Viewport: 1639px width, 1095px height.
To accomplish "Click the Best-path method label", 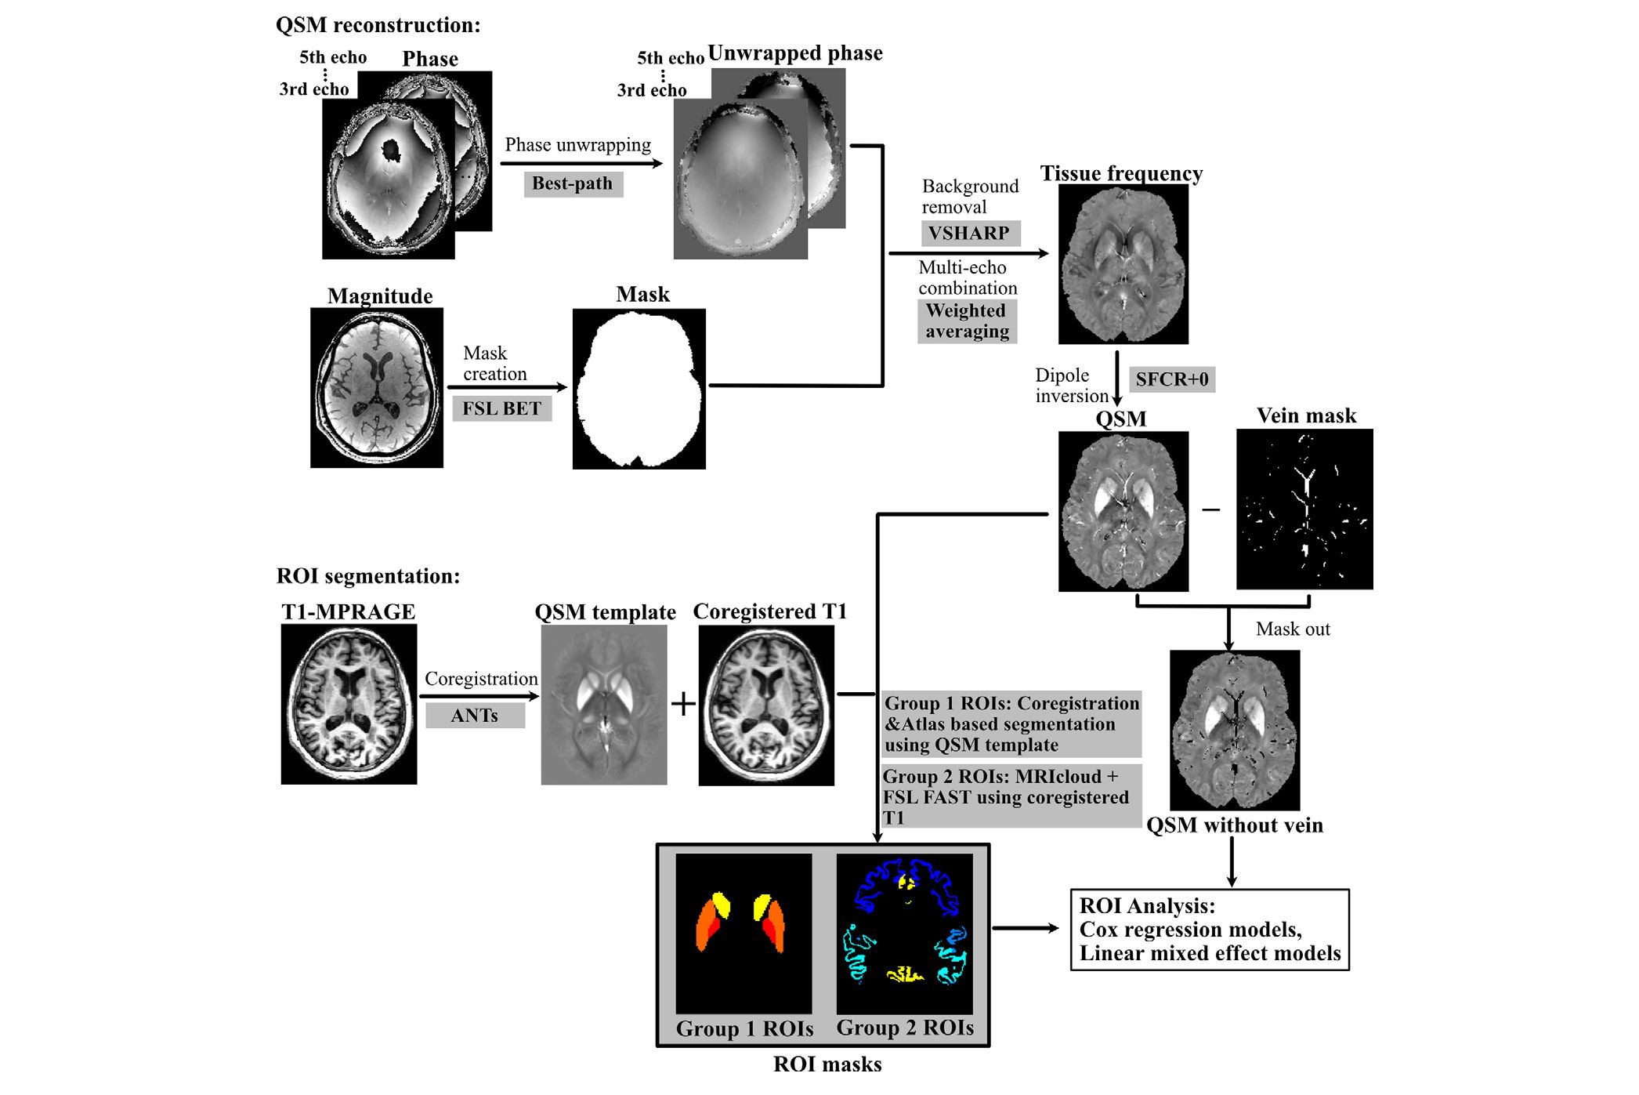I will [573, 183].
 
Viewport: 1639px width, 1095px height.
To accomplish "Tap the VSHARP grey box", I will [969, 233].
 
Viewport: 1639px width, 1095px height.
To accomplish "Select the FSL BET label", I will [501, 408].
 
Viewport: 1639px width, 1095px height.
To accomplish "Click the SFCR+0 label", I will [1171, 379].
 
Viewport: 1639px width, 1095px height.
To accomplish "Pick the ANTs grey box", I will [474, 716].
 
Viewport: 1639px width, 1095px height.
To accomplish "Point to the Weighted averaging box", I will [967, 321].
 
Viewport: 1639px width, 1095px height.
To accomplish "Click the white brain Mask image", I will [639, 389].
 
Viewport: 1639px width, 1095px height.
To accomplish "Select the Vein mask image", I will [1304, 509].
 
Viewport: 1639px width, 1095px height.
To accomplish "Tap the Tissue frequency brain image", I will [1123, 264].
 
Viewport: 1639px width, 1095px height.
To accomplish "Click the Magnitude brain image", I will [377, 388].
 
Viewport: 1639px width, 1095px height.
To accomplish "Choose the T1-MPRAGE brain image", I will [349, 704].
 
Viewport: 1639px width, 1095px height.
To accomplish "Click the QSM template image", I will [604, 705].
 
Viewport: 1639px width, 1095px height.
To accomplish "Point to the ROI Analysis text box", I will [1209, 930].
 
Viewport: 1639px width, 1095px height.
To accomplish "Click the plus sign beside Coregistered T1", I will [683, 703].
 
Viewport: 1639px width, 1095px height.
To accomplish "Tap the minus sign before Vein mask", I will [1211, 510].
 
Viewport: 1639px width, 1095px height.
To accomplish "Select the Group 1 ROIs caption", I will [744, 1028].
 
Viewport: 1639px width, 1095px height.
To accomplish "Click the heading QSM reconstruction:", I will [378, 25].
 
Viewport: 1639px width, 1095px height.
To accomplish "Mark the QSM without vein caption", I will [1234, 825].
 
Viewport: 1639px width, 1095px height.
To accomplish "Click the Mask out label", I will [1292, 629].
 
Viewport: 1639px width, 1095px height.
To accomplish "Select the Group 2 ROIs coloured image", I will [904, 934].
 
